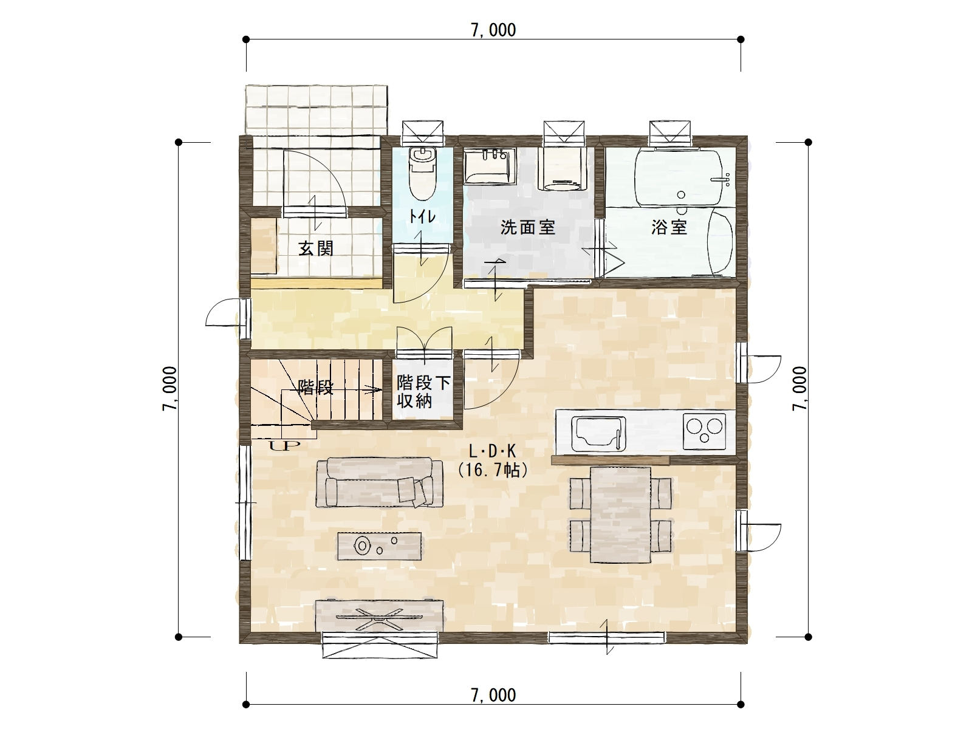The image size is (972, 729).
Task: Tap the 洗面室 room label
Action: point(528,227)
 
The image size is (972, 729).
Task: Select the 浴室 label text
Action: point(669,227)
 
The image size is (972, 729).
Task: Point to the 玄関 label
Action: point(316,248)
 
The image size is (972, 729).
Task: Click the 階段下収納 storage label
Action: point(423,391)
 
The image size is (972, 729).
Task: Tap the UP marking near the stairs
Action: point(284,445)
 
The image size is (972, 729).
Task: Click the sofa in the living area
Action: point(379,482)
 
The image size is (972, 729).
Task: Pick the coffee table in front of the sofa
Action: point(379,546)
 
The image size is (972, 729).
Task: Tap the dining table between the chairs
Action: point(620,515)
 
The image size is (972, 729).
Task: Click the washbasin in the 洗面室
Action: point(490,166)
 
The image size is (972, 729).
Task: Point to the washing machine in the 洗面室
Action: point(563,169)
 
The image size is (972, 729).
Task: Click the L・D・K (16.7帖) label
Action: point(493,461)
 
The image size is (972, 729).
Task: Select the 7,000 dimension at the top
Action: point(493,30)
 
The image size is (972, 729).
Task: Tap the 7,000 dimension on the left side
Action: point(169,389)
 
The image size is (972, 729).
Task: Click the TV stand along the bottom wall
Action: point(379,615)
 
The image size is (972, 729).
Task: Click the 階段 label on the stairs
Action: point(315,388)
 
